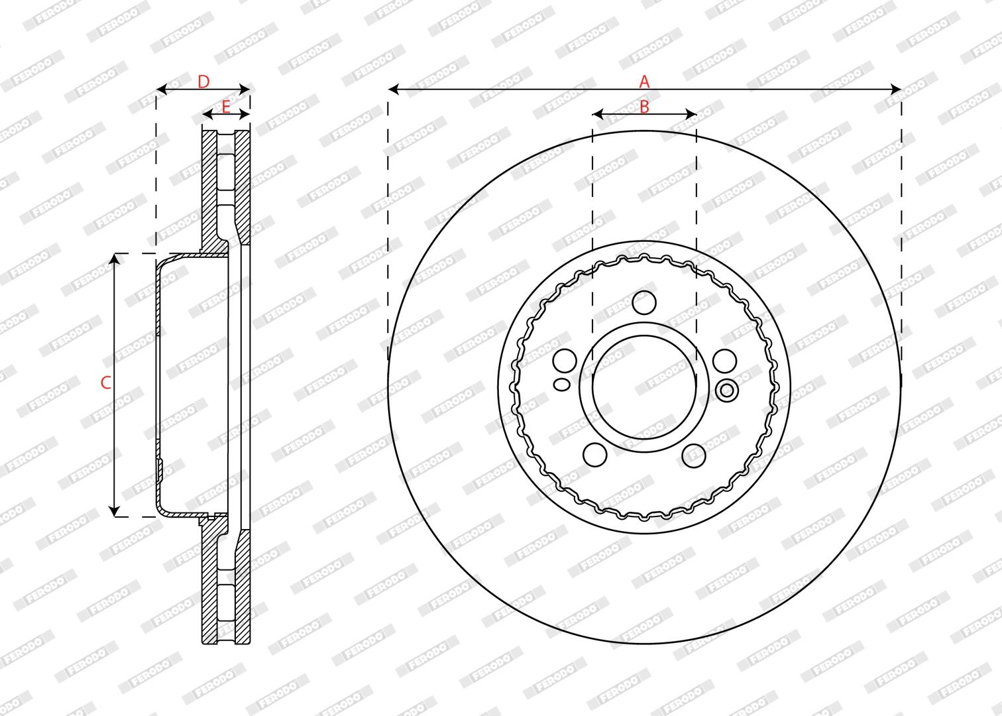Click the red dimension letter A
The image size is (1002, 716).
coord(644,82)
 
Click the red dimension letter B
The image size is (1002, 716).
coord(644,107)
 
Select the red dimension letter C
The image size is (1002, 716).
coord(105,383)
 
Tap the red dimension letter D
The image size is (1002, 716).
coord(203,82)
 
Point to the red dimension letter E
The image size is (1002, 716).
coord(226,107)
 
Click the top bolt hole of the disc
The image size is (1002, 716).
coord(645,302)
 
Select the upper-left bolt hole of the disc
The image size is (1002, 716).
coord(565,361)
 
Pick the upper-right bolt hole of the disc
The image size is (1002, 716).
coord(725,361)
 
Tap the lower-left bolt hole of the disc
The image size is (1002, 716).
coord(595,455)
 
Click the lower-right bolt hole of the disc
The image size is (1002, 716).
coord(695,455)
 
